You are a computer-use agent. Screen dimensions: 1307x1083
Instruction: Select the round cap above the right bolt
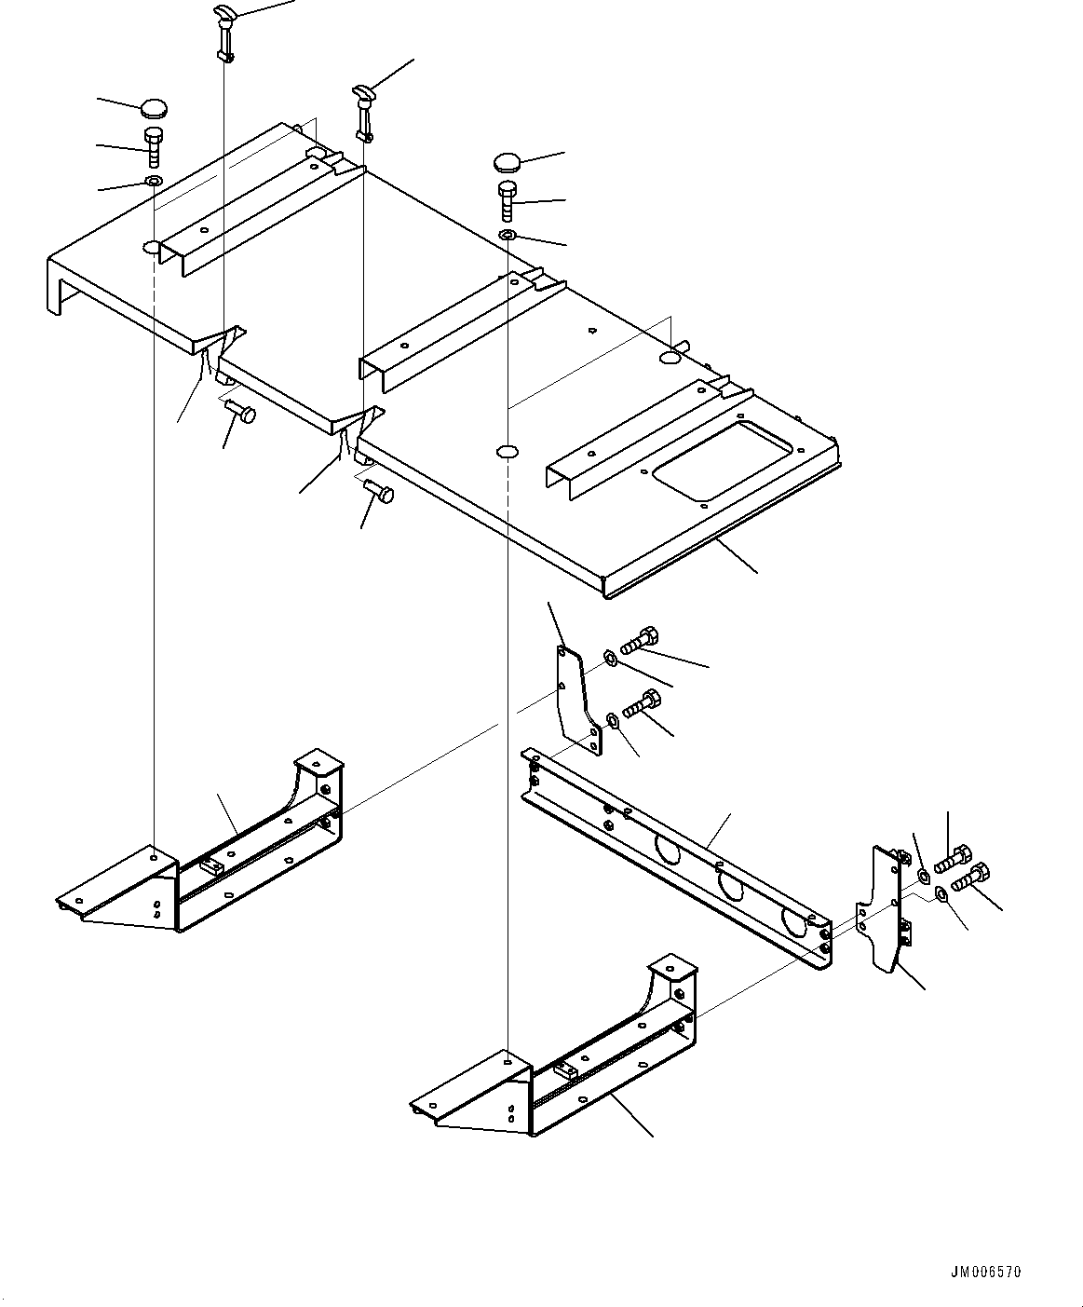(508, 162)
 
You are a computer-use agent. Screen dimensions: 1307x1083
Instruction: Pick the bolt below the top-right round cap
(507, 200)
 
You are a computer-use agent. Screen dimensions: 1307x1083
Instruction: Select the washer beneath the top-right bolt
(507, 234)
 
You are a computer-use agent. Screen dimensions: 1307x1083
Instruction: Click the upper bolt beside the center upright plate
(639, 642)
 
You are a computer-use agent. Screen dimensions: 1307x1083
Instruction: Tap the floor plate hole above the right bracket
(507, 452)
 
